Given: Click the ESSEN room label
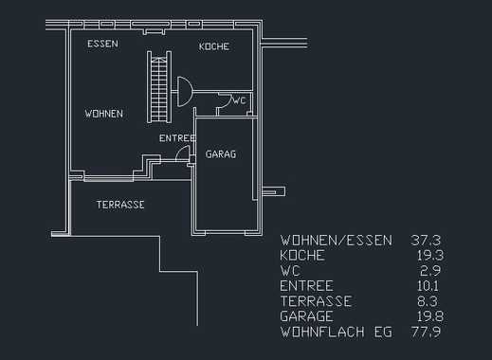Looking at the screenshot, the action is [102, 44].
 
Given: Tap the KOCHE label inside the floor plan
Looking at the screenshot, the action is [214, 46].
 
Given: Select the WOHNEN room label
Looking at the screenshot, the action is [103, 114].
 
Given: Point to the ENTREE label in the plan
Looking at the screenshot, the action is [177, 138].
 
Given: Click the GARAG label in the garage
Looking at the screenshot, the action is [221, 154].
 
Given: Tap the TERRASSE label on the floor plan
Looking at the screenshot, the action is [120, 205].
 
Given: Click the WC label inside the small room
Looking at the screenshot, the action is [239, 100].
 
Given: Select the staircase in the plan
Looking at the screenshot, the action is [159, 87].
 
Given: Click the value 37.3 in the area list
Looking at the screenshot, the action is [426, 241].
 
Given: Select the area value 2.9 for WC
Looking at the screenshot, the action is [430, 271].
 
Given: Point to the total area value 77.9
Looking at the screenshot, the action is [426, 332].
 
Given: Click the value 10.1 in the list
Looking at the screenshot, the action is [428, 286].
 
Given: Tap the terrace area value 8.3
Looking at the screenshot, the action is [428, 301].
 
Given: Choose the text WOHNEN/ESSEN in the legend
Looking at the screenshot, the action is [337, 241].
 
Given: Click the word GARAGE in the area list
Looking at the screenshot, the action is [306, 316].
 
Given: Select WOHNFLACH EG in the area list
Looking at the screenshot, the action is [337, 332].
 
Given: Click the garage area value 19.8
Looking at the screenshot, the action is [430, 316].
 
